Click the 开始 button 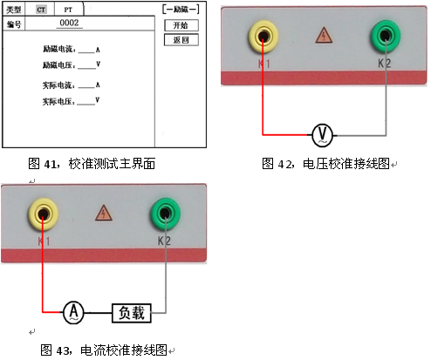(181, 25)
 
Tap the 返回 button (181, 40)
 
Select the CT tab (41, 9)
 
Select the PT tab (67, 9)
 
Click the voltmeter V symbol (322, 134)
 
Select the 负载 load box (133, 311)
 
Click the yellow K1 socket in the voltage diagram (262, 36)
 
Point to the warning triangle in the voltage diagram (324, 36)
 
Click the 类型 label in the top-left (14, 9)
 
